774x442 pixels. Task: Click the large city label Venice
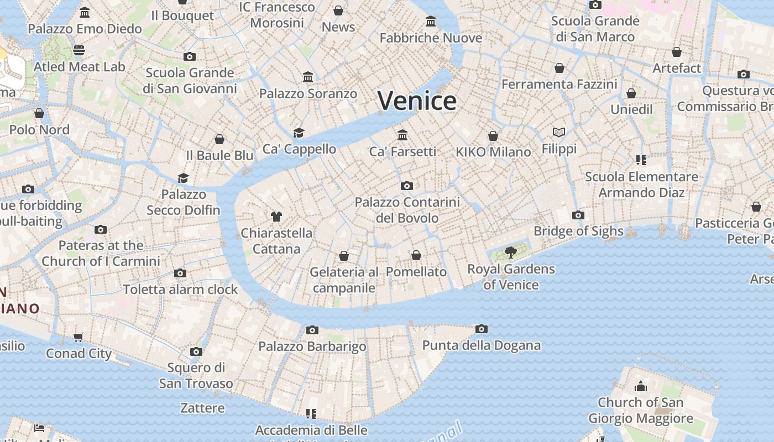click(417, 101)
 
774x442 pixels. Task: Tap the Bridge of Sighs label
click(578, 231)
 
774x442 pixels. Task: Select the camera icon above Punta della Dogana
click(482, 329)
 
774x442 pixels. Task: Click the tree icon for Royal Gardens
click(510, 253)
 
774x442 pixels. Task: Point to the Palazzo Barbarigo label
click(312, 346)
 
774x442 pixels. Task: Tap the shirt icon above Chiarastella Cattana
click(276, 217)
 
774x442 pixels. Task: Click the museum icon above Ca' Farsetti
click(402, 135)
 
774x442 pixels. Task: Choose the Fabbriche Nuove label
click(431, 38)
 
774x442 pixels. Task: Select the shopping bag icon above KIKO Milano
click(493, 136)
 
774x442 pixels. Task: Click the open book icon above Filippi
click(559, 133)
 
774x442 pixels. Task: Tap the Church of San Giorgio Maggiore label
click(640, 410)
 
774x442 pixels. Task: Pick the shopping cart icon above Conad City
click(79, 337)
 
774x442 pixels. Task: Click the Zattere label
click(202, 408)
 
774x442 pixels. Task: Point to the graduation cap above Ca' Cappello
click(299, 133)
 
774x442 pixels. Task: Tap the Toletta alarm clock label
click(180, 289)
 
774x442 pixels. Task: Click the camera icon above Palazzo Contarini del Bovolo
click(407, 186)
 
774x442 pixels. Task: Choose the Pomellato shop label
click(416, 272)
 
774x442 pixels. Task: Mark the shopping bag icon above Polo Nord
click(39, 114)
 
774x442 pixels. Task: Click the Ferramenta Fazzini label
click(559, 85)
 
